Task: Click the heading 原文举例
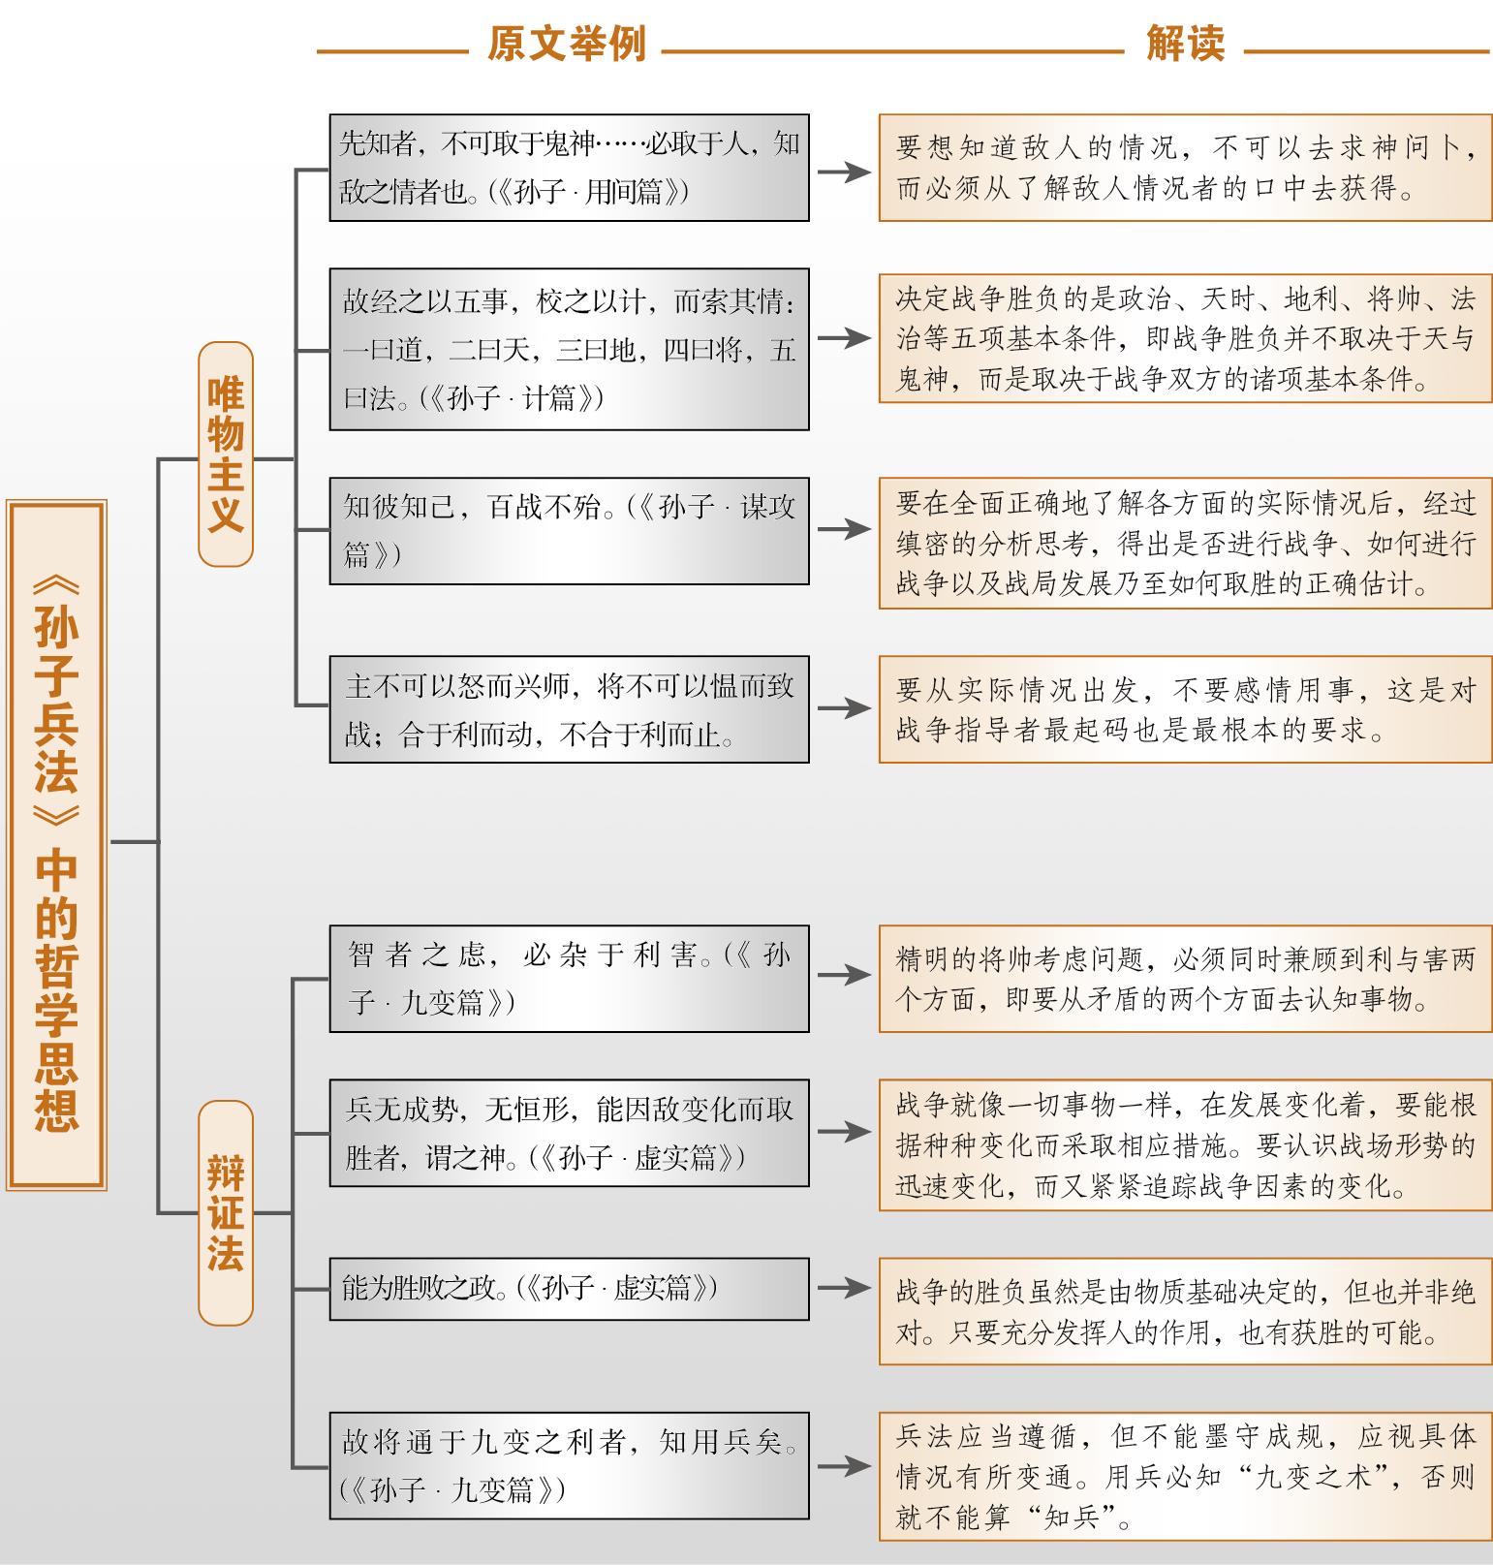pyautogui.click(x=566, y=45)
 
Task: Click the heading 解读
pyautogui.click(x=1185, y=44)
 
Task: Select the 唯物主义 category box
pyautogui.click(x=226, y=454)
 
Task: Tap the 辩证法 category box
pyautogui.click(x=226, y=1212)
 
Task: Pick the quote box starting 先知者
pyautogui.click(x=569, y=168)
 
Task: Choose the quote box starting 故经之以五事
pyautogui.click(x=569, y=350)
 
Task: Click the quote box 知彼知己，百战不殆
pyautogui.click(x=569, y=530)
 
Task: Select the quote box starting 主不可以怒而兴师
pyautogui.click(x=569, y=709)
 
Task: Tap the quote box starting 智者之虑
pyautogui.click(x=569, y=978)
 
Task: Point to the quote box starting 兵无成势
pyautogui.click(x=569, y=1133)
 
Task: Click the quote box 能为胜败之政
pyautogui.click(x=569, y=1289)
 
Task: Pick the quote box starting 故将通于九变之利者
pyautogui.click(x=569, y=1465)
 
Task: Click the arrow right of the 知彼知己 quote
pyautogui.click(x=844, y=529)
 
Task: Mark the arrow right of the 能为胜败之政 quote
pyautogui.click(x=844, y=1288)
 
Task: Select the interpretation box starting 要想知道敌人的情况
pyautogui.click(x=1185, y=168)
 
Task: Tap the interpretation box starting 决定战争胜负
pyautogui.click(x=1185, y=338)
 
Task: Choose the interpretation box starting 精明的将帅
pyautogui.click(x=1185, y=978)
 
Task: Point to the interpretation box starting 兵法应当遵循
pyautogui.click(x=1185, y=1476)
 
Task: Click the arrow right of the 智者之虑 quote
pyautogui.click(x=844, y=975)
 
